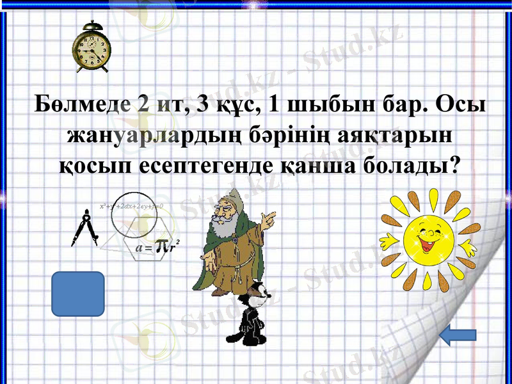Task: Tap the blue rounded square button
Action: tap(77, 294)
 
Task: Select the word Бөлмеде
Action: tap(80, 104)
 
